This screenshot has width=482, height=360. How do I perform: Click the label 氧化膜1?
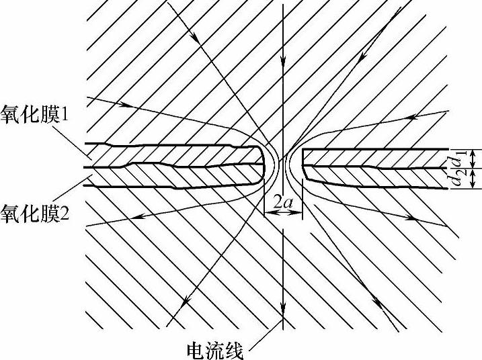(x=36, y=114)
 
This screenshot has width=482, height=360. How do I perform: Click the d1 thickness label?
(x=462, y=159)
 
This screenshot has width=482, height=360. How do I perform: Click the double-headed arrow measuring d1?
(x=473, y=159)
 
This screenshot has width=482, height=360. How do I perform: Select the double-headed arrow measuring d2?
(x=473, y=178)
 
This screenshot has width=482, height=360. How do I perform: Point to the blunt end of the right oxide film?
(x=304, y=165)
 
